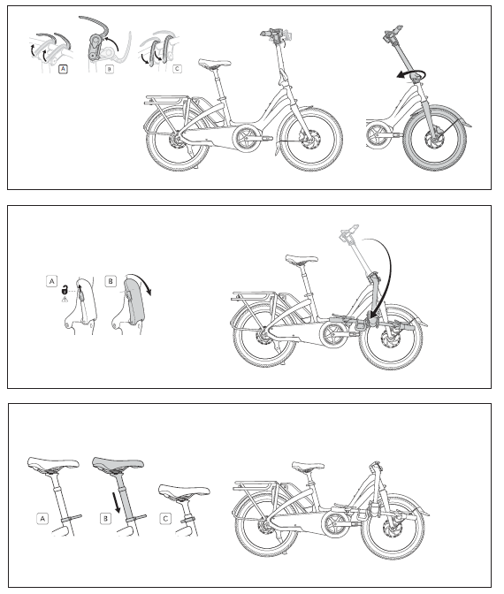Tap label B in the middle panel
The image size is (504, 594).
pyautogui.click(x=111, y=283)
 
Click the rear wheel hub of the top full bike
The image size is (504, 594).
pyautogui.click(x=178, y=140)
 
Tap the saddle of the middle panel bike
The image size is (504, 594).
pyautogui.click(x=301, y=260)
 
